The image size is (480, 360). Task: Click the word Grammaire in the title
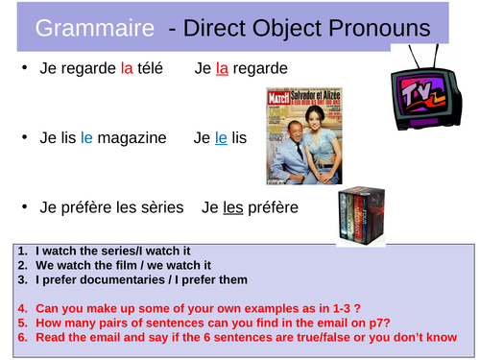coord(95,28)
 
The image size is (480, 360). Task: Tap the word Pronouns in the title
coord(379,28)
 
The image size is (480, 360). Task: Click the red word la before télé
coord(127,68)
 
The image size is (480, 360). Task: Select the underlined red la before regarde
coord(222,68)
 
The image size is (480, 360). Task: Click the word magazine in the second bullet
coord(132,138)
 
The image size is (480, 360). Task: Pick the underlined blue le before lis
coord(221,138)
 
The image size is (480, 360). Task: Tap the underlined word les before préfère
coord(233,207)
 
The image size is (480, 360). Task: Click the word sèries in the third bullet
coord(162,207)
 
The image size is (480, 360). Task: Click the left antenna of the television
coord(414,57)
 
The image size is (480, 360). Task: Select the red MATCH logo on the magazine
coord(278,98)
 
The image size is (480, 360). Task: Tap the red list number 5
coord(22,323)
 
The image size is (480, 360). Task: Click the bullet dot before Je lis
coord(25,137)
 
